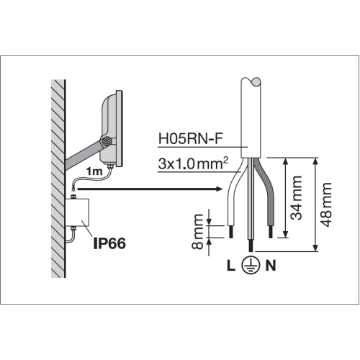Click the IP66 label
coord(109,243)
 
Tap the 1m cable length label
coord(94,171)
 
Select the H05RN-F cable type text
coord(191,139)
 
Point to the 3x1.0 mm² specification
coord(193,163)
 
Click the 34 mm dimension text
coord(296,198)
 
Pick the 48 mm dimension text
coord(326,204)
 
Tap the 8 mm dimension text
coord(198,232)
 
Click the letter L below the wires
coord(231,266)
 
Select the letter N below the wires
coord(271,266)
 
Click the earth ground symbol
coord(251,266)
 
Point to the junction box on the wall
coord(77,212)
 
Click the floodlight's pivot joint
coord(106,142)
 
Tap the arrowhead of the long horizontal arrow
coord(220,189)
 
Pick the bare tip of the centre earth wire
coord(251,246)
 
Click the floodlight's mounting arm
coord(83,156)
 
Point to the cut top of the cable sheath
coord(251,82)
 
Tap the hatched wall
coord(58,179)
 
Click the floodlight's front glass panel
coord(120,129)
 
